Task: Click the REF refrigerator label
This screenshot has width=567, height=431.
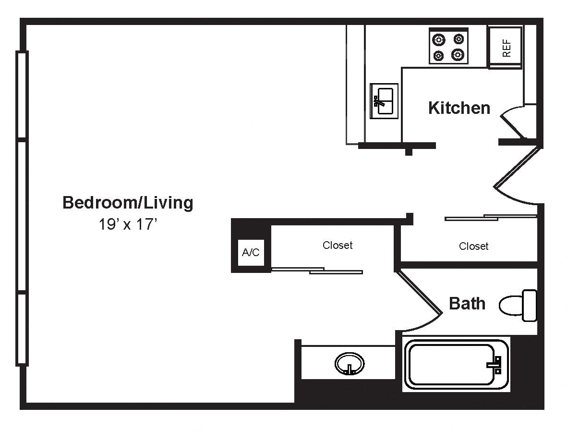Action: pyautogui.click(x=507, y=48)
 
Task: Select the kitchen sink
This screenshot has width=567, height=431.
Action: pyautogui.click(x=384, y=101)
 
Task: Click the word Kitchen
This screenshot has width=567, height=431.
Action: pyautogui.click(x=459, y=108)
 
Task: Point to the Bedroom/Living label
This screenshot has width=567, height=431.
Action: pyautogui.click(x=128, y=203)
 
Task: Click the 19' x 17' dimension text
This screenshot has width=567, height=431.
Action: pyautogui.click(x=128, y=225)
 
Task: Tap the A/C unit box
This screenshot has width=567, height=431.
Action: pyautogui.click(x=250, y=252)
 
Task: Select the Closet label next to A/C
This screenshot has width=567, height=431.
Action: pyautogui.click(x=338, y=245)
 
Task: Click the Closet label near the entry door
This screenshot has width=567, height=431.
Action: pyautogui.click(x=473, y=246)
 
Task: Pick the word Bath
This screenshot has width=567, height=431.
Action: pyautogui.click(x=467, y=303)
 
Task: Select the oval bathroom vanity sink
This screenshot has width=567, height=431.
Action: pyautogui.click(x=350, y=363)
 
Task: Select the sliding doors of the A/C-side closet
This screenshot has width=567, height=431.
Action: pyautogui.click(x=317, y=271)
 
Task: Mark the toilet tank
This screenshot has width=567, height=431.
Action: pyautogui.click(x=530, y=305)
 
